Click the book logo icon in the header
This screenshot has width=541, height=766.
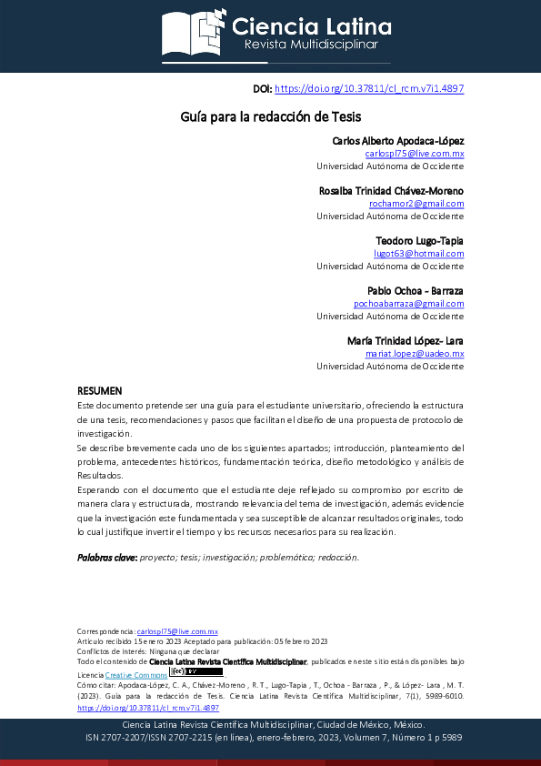pyautogui.click(x=193, y=31)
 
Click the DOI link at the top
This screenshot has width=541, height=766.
pyautogui.click(x=369, y=88)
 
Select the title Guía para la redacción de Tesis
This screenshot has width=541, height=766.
pyautogui.click(x=270, y=117)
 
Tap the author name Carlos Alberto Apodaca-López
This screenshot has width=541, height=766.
pyautogui.click(x=398, y=141)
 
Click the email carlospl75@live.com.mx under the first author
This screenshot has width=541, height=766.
pyautogui.click(x=415, y=154)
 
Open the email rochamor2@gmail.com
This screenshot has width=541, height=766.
pyautogui.click(x=416, y=204)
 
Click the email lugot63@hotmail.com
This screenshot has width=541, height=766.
pyautogui.click(x=419, y=254)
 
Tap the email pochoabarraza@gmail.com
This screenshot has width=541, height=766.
pyautogui.click(x=409, y=304)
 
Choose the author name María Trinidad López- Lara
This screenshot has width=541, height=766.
pyautogui.click(x=406, y=340)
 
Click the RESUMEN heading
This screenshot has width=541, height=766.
pyautogui.click(x=99, y=390)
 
